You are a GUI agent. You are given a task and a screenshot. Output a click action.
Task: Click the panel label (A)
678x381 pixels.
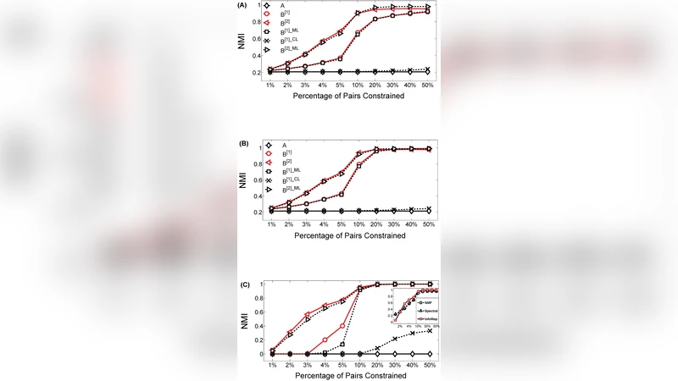click(243, 4)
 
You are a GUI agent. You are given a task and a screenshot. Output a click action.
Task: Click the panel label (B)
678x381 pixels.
click(243, 145)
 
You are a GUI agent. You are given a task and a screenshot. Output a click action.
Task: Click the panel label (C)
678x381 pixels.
click(243, 284)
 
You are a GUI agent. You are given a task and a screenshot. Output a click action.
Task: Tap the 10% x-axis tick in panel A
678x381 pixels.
click(358, 85)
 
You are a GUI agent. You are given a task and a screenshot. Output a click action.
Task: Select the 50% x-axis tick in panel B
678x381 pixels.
click(428, 224)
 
